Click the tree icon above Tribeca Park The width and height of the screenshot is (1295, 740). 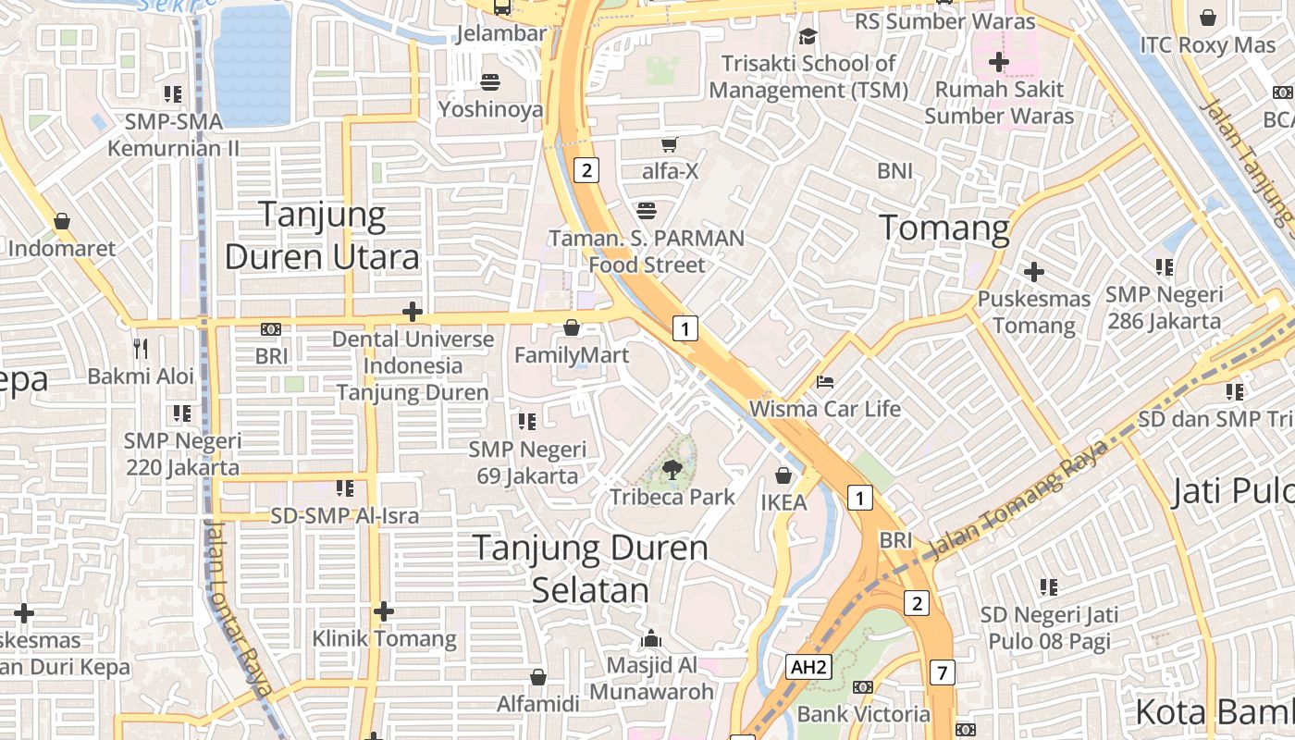(x=673, y=470)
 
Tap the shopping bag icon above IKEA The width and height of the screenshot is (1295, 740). (x=783, y=475)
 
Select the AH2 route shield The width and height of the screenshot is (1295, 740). (x=808, y=667)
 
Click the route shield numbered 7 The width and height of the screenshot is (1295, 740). (x=942, y=672)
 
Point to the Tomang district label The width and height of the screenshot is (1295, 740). (x=943, y=228)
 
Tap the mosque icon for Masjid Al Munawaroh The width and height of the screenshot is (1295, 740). (x=652, y=638)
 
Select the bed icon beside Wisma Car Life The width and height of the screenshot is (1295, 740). (x=825, y=381)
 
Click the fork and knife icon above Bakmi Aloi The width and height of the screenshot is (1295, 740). (x=141, y=349)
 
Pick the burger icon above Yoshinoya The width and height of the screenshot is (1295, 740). (x=490, y=81)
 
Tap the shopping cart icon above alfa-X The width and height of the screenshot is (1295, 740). (x=670, y=144)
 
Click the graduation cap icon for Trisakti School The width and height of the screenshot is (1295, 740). (x=808, y=36)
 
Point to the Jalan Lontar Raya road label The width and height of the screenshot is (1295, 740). (x=239, y=606)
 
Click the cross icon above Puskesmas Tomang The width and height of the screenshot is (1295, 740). (x=1034, y=272)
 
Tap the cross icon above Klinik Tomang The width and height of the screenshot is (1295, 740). (x=384, y=611)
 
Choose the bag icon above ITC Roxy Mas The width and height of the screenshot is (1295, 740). (x=1208, y=18)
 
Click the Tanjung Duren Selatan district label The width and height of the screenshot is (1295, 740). (x=590, y=568)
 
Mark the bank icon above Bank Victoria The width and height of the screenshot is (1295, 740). (x=863, y=686)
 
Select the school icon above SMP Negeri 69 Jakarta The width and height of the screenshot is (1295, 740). (x=527, y=422)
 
